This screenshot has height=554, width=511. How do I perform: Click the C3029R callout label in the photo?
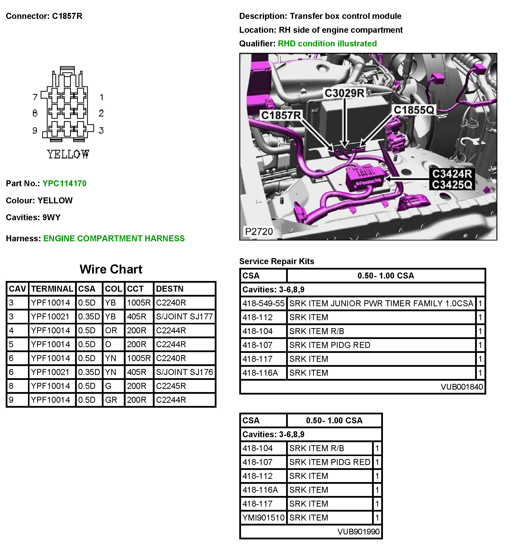344,93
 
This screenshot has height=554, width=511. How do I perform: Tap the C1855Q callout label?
414,110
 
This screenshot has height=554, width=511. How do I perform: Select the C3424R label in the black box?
452,174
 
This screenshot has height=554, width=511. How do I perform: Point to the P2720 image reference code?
259,231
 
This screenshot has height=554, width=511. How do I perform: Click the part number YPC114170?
64,183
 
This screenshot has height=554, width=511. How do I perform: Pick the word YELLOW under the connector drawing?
68,154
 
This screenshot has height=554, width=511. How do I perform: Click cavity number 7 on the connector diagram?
35,97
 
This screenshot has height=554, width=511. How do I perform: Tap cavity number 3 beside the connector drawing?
101,130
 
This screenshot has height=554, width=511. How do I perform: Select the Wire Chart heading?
111,269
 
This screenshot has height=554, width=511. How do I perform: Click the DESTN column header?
169,289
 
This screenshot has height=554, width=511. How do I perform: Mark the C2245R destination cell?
171,386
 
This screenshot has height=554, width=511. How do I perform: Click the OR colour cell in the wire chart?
111,330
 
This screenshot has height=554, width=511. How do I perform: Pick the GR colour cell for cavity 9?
111,400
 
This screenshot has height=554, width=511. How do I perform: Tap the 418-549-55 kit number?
263,304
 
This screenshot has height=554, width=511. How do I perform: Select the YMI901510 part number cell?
263,518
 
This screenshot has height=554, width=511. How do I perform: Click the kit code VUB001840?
461,387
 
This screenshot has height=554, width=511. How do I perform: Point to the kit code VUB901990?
358,532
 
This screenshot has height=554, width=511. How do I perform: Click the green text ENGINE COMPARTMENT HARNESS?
114,238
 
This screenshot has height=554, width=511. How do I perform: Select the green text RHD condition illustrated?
327,43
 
